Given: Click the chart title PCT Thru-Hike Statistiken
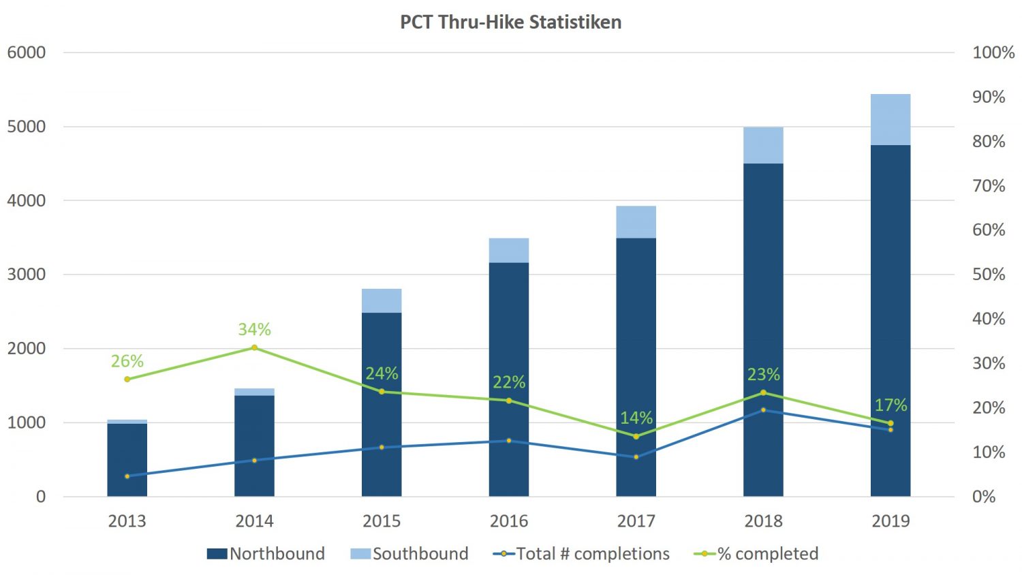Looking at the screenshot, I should point(510,22).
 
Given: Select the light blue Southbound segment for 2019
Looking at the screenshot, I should point(891,120).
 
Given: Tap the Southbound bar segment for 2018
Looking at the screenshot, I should point(763,145).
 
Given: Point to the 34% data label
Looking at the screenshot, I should point(254,330).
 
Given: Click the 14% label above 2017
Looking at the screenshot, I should point(636,418).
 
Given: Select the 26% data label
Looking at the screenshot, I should point(127,361).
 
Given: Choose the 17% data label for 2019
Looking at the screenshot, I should point(891,405).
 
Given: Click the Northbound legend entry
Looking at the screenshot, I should point(266,553).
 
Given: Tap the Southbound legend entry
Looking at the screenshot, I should point(409,553).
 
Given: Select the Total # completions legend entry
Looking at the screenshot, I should point(581,553).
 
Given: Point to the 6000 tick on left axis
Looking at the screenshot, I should point(27,52).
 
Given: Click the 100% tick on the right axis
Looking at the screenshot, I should point(993,52).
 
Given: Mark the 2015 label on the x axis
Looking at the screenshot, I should point(382,521).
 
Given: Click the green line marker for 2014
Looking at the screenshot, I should point(255,347).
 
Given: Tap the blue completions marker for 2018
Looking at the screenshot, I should point(763,410).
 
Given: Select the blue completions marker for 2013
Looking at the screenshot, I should point(127,476).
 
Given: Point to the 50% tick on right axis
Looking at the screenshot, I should point(989,275).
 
